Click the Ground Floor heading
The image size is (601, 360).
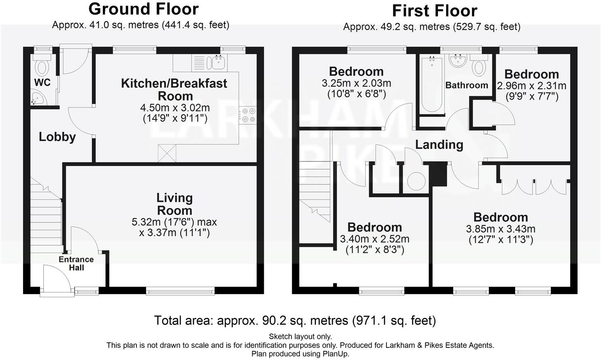pyautogui.click(x=143, y=9)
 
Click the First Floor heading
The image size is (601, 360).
pyautogui.click(x=434, y=11)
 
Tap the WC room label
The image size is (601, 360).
pyautogui.click(x=42, y=83)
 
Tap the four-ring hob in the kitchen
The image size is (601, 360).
pyautogui.click(x=247, y=115)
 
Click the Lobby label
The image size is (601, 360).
pyautogui.click(x=57, y=137)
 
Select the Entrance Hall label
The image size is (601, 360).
pyautogui.click(x=76, y=263)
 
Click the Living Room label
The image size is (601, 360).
pyautogui.click(x=174, y=204)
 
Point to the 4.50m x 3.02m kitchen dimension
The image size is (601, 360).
pyautogui.click(x=175, y=108)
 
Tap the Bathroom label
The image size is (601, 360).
pyautogui.click(x=467, y=85)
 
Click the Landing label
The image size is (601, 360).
pyautogui.click(x=439, y=145)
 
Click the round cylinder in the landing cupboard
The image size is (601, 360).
pyautogui.click(x=416, y=180)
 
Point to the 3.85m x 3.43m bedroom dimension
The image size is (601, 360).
pyautogui.click(x=501, y=229)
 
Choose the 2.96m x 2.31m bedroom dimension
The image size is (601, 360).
pyautogui.click(x=531, y=86)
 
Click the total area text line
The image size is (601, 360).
pyautogui.click(x=295, y=321)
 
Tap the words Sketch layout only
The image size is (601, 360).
pyautogui.click(x=300, y=336)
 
